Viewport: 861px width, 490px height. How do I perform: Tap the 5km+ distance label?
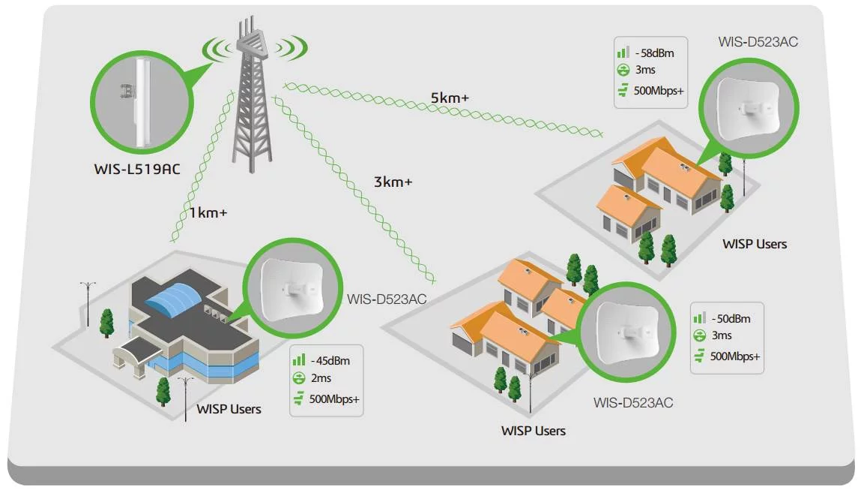(x=449, y=98)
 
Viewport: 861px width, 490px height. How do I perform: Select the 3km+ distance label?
(x=393, y=181)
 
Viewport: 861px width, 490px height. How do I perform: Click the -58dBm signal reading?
(x=654, y=53)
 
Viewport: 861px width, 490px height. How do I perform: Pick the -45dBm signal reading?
(x=331, y=359)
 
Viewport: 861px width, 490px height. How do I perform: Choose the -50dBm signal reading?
(x=730, y=318)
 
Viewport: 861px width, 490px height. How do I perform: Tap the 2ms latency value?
(x=320, y=378)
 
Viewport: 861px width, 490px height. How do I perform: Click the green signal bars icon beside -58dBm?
(x=622, y=53)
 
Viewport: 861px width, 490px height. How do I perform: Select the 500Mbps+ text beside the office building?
(x=333, y=398)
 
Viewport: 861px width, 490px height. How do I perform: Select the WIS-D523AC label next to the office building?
(x=387, y=299)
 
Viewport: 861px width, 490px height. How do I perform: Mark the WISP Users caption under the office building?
(x=229, y=409)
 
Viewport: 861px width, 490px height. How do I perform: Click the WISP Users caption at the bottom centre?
(x=533, y=431)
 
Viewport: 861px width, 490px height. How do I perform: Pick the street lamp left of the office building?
(x=88, y=300)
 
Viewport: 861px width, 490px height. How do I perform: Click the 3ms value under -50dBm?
(x=722, y=335)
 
